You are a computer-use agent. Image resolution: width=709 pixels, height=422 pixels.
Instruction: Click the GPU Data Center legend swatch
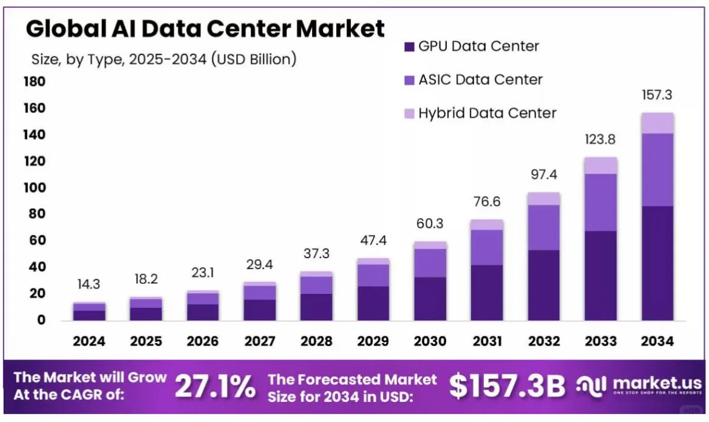pyautogui.click(x=409, y=47)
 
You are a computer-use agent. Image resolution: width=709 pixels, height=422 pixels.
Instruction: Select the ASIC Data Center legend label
pyautogui.click(x=480, y=80)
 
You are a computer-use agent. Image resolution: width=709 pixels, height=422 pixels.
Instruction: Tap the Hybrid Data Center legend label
pyautogui.click(x=487, y=113)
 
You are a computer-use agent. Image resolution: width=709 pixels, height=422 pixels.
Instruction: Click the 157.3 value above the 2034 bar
pyautogui.click(x=657, y=95)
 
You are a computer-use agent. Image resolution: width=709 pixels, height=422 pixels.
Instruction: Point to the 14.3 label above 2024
pyautogui.click(x=89, y=285)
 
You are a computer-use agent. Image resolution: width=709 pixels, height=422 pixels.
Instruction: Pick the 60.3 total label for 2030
pyautogui.click(x=430, y=223)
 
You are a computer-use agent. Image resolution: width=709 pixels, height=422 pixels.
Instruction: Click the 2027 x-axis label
pyautogui.click(x=260, y=341)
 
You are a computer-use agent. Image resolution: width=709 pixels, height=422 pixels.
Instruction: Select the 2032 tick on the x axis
pyautogui.click(x=544, y=341)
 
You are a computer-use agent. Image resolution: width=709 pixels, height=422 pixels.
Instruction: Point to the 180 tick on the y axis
pyautogui.click(x=35, y=82)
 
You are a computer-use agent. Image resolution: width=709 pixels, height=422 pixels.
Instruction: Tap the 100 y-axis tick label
pyautogui.click(x=35, y=188)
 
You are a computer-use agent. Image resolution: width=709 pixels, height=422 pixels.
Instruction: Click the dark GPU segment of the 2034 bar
pyautogui.click(x=657, y=264)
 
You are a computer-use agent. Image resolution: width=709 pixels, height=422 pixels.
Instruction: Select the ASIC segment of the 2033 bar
pyautogui.click(x=600, y=203)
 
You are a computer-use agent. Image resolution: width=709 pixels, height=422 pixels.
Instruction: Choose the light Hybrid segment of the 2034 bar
pyautogui.click(x=657, y=123)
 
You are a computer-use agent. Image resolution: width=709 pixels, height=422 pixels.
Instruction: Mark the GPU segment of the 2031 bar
pyautogui.click(x=487, y=293)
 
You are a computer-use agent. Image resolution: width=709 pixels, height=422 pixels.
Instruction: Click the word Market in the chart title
pyautogui.click(x=340, y=29)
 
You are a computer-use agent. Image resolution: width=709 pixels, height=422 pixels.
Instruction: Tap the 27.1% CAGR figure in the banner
pyautogui.click(x=215, y=387)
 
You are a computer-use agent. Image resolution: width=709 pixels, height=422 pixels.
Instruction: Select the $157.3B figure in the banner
pyautogui.click(x=507, y=386)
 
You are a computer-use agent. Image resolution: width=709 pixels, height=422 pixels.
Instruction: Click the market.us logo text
pyautogui.click(x=657, y=384)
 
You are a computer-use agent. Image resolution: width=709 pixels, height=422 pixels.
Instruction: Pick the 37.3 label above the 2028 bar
pyautogui.click(x=316, y=254)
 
